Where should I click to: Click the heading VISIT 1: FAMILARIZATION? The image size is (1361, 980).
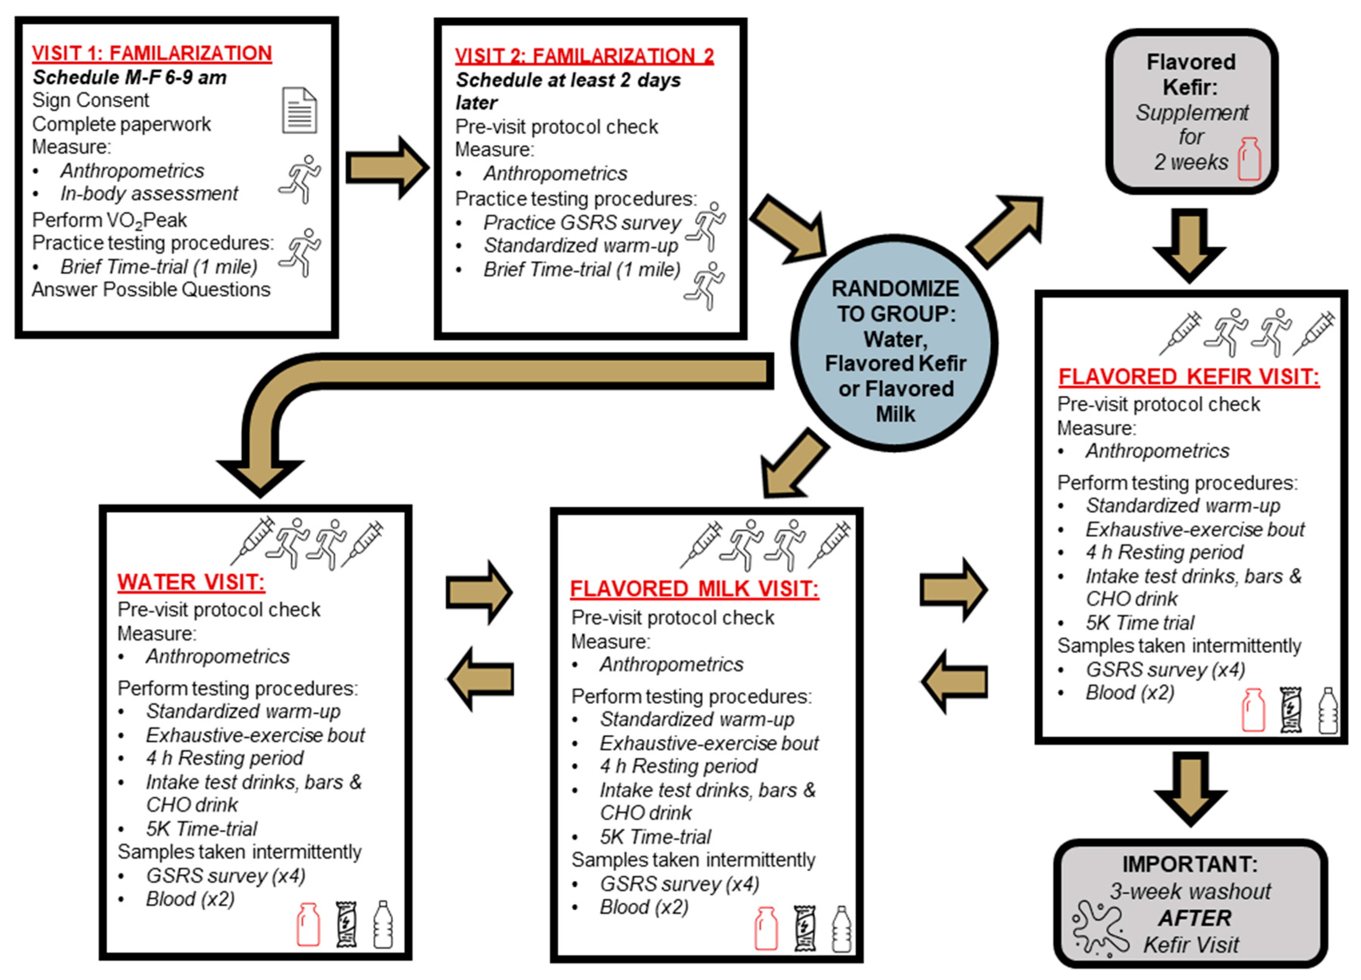click(x=152, y=53)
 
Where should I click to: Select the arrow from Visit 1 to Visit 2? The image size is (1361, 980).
click(x=388, y=168)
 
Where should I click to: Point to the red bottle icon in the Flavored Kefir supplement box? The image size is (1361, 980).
click(x=1249, y=159)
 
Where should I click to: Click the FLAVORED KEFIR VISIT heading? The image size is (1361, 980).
click(x=1189, y=377)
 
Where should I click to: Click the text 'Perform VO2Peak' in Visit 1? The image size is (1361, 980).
click(x=110, y=220)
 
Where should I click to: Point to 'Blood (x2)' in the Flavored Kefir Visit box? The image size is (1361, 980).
click(x=1129, y=693)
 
